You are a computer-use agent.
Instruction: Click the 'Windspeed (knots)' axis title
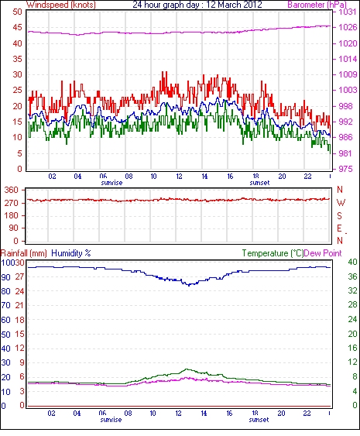click(61, 5)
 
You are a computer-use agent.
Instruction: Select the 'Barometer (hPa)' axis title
click(317, 5)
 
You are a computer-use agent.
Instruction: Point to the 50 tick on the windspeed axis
click(17, 12)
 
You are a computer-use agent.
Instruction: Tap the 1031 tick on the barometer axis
click(348, 12)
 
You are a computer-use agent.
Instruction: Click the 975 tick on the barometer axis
click(345, 169)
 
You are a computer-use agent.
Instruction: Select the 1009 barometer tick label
click(348, 74)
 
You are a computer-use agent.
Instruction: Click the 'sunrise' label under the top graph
click(111, 183)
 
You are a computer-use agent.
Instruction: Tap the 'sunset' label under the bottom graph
click(259, 420)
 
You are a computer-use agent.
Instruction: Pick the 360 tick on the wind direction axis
click(11, 191)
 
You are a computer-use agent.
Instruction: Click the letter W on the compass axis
click(341, 203)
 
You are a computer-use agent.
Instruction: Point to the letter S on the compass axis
click(339, 215)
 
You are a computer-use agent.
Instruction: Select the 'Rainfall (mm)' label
click(24, 253)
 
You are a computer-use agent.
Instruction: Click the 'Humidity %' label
click(71, 253)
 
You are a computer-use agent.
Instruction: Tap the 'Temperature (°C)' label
click(273, 253)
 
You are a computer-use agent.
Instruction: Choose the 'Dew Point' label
click(323, 253)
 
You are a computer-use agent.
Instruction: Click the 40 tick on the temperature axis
click(352, 262)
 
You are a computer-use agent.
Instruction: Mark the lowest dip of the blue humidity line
click(189, 285)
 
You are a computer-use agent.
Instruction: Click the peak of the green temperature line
click(187, 369)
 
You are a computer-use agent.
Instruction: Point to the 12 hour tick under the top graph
click(179, 177)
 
